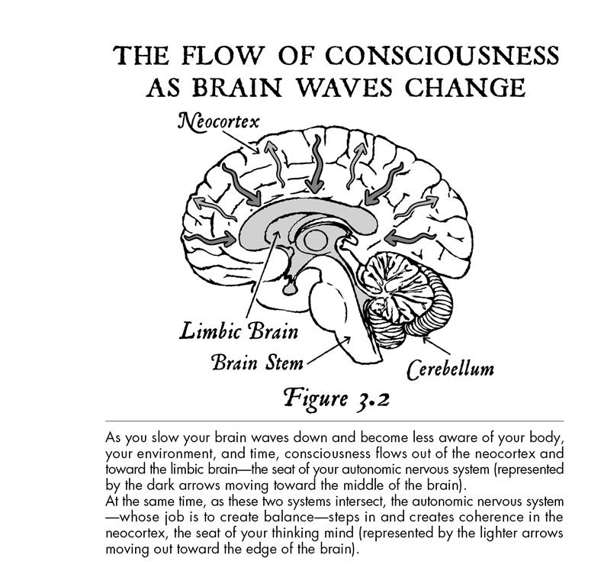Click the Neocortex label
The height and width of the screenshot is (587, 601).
point(218,122)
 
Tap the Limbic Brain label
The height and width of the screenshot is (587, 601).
point(239,331)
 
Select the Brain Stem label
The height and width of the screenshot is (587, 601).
point(257,362)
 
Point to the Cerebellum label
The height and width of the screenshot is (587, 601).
point(450,369)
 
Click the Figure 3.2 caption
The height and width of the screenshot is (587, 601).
point(336,399)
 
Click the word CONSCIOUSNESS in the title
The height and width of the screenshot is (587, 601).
point(442,55)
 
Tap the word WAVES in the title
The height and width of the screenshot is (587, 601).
point(345,87)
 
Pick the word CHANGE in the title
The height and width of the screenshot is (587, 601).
point(465,87)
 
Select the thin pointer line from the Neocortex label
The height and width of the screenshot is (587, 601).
point(241,142)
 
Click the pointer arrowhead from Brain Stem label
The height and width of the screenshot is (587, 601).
point(346,340)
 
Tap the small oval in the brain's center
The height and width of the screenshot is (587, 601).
point(316,240)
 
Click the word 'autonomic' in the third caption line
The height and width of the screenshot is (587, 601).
point(371,469)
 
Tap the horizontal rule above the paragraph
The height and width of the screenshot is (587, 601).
point(335,421)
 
